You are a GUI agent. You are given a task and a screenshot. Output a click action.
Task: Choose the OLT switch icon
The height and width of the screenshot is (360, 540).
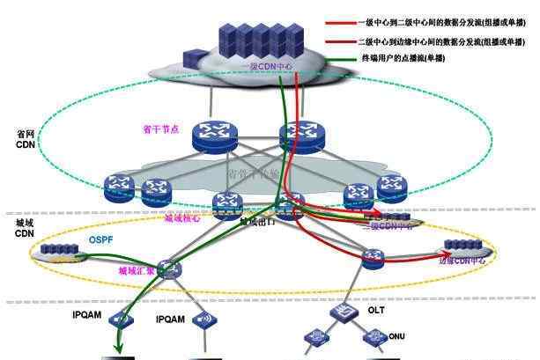[342, 312]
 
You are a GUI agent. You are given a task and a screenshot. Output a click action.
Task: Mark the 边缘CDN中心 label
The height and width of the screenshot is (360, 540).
[462, 261]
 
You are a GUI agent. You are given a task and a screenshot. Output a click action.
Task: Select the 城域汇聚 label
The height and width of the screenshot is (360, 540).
[136, 272]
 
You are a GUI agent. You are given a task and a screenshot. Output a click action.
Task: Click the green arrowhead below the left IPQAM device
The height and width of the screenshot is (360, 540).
[117, 345]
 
